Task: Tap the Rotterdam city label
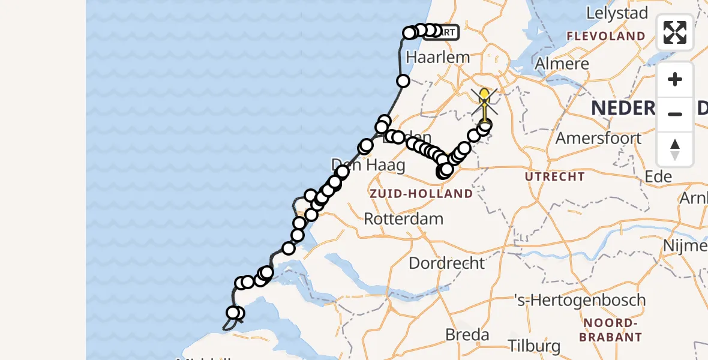click(404, 219)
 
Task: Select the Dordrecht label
click(446, 263)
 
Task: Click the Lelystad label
click(617, 13)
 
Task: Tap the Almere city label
click(562, 64)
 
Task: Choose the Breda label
click(467, 335)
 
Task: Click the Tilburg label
click(534, 346)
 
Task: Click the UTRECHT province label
click(554, 176)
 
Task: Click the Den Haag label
click(360, 164)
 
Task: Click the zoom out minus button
click(675, 114)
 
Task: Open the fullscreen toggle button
click(675, 32)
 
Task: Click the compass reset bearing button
click(675, 149)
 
